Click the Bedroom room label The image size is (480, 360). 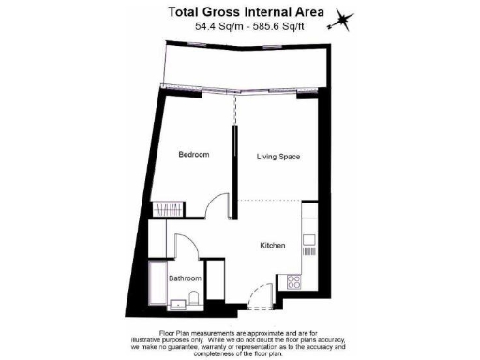[194, 155]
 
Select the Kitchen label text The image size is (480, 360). [273, 246]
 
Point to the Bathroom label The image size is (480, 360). [185, 278]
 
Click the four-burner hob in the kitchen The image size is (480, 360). [294, 279]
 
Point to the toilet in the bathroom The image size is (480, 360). [192, 301]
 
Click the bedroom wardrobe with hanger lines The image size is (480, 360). [170, 208]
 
